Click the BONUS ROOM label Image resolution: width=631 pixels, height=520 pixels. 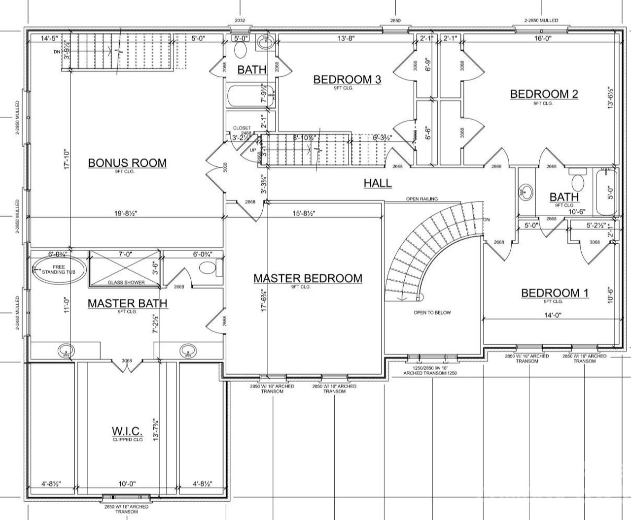coord(127,163)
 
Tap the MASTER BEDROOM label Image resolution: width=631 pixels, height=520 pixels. coord(308,278)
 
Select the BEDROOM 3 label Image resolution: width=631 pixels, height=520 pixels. coord(347,79)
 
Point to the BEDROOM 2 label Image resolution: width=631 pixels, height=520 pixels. coord(544,94)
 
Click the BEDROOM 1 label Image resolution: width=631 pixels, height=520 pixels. coord(555,293)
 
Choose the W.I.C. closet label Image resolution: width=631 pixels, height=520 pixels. coord(127,431)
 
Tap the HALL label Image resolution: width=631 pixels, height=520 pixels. coord(378,183)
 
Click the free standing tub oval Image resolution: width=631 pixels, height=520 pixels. coord(59,270)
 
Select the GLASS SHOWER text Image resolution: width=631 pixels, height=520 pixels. coord(127,283)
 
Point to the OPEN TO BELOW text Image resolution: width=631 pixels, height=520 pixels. coord(432,313)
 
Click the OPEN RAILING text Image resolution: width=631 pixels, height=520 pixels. coord(421,199)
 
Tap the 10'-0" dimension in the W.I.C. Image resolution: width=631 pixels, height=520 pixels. coord(127,484)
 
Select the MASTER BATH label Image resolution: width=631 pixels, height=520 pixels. coord(127,303)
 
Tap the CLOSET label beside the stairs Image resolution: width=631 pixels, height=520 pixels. coord(242,128)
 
